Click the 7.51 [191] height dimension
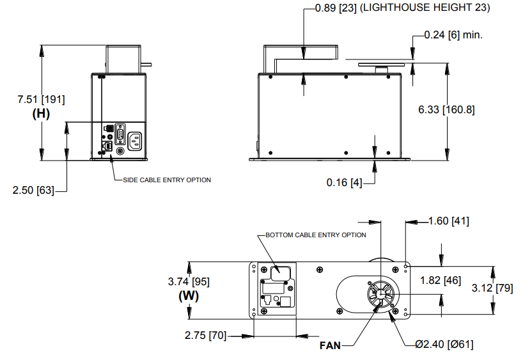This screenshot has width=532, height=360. (x=41, y=99)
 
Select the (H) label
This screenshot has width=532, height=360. (x=41, y=114)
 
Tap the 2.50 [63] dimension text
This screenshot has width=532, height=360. (x=34, y=190)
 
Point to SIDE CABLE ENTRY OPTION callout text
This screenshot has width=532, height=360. (x=167, y=180)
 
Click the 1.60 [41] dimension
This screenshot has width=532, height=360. (x=448, y=221)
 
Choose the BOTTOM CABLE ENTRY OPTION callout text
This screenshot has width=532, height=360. (x=316, y=235)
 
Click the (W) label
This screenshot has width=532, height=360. (x=189, y=296)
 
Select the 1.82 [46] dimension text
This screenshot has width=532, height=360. (x=441, y=280)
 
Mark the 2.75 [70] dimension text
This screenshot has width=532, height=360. (x=205, y=335)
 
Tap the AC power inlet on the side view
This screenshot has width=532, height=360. (x=136, y=140)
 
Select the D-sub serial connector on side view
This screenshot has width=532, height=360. (x=119, y=135)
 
